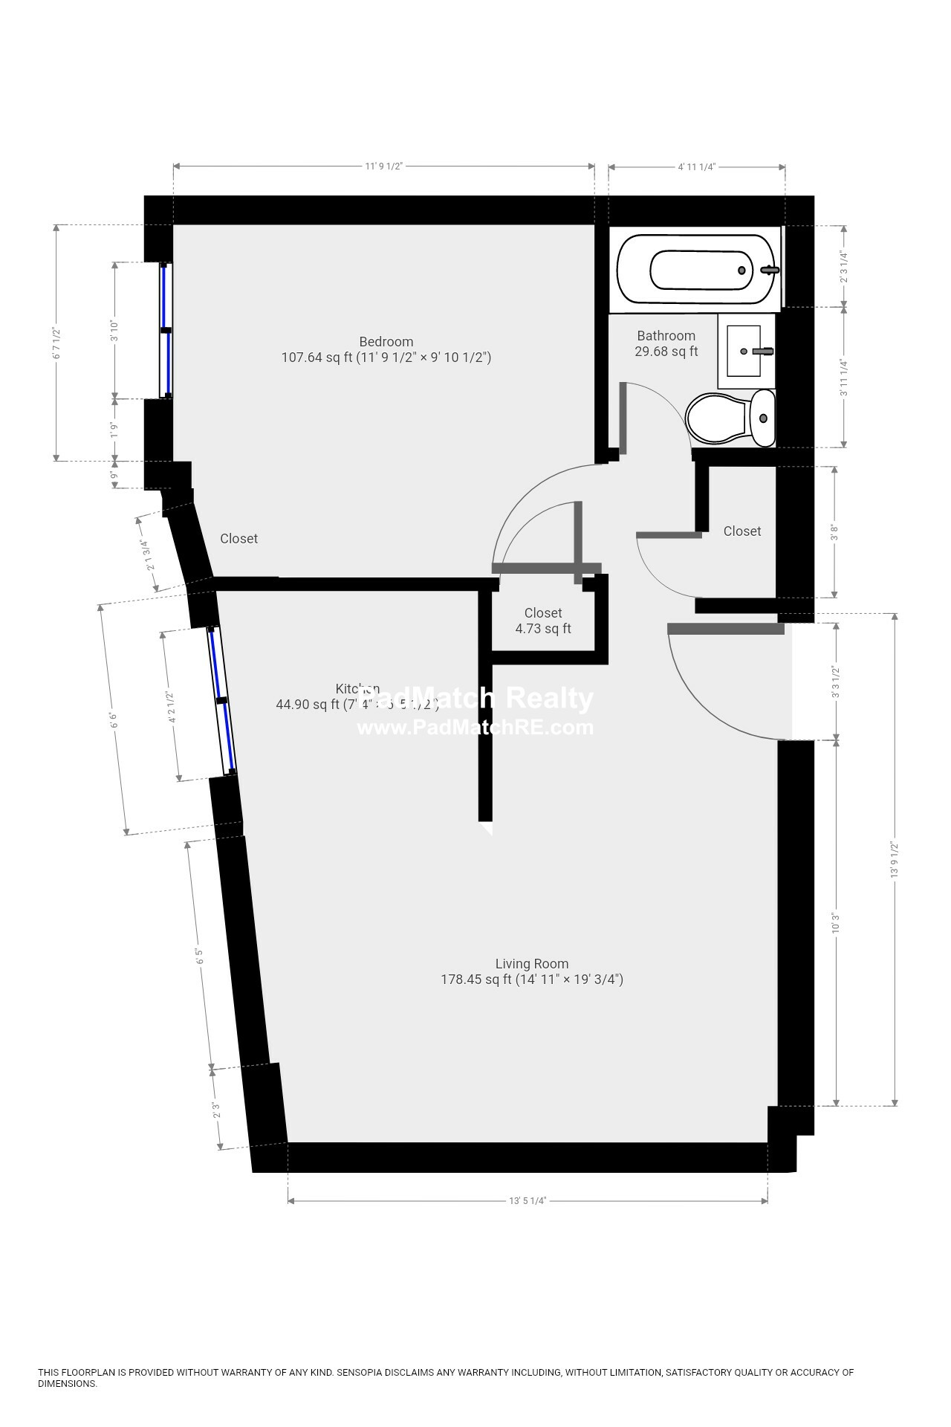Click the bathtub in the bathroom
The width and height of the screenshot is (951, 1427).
[x=695, y=270]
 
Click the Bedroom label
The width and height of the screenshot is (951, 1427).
[x=386, y=342]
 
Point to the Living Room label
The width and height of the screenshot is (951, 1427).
[x=532, y=964]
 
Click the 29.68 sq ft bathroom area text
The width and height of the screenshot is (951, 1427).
[x=666, y=352]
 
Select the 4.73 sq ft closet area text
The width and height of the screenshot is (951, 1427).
[x=543, y=629]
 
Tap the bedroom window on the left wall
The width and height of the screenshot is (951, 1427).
[x=166, y=330]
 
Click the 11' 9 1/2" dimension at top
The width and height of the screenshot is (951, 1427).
[x=383, y=166]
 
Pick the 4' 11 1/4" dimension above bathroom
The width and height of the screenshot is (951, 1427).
[x=696, y=167]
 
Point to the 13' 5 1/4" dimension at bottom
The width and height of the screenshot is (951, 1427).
[x=528, y=1200]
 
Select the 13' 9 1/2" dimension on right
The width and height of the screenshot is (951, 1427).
[x=895, y=860]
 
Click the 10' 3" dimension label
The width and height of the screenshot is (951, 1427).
[x=837, y=923]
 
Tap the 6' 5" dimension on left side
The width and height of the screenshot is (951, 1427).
[x=199, y=955]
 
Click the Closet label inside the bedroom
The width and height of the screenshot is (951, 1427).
[x=238, y=539]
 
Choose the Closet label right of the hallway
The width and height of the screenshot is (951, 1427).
[x=742, y=531]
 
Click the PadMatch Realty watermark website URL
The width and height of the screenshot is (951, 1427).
[x=475, y=727]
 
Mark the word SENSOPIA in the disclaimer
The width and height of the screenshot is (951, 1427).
[x=359, y=1373]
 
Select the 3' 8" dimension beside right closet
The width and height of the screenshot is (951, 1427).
[x=835, y=531]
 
